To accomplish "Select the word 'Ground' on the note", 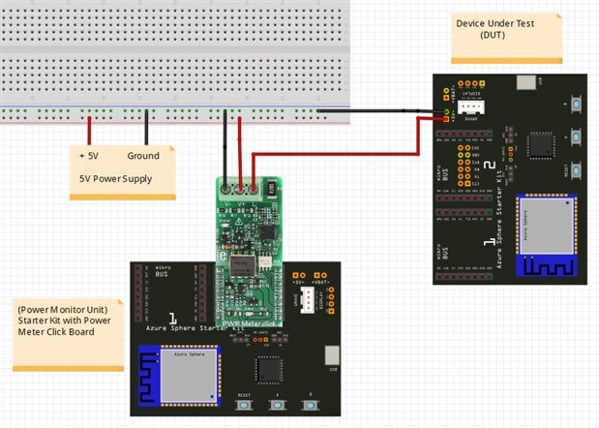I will tap(142, 156).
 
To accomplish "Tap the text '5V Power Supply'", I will tap(115, 178).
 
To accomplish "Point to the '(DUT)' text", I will tap(493, 34).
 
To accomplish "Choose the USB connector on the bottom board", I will tap(332, 355).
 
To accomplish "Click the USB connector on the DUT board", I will tap(525, 83).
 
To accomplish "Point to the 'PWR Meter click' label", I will tap(248, 312).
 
